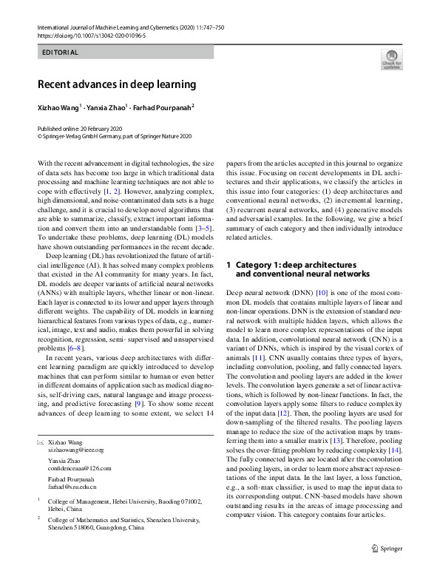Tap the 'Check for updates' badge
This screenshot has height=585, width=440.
[x=391, y=59]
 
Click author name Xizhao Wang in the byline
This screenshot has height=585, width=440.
[x=59, y=107]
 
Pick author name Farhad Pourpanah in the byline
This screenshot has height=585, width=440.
[x=162, y=107]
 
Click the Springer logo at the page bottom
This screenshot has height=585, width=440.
[x=388, y=569]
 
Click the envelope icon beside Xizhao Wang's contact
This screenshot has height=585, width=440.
[x=41, y=442]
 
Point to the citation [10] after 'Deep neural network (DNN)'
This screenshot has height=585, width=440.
[x=322, y=294]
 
